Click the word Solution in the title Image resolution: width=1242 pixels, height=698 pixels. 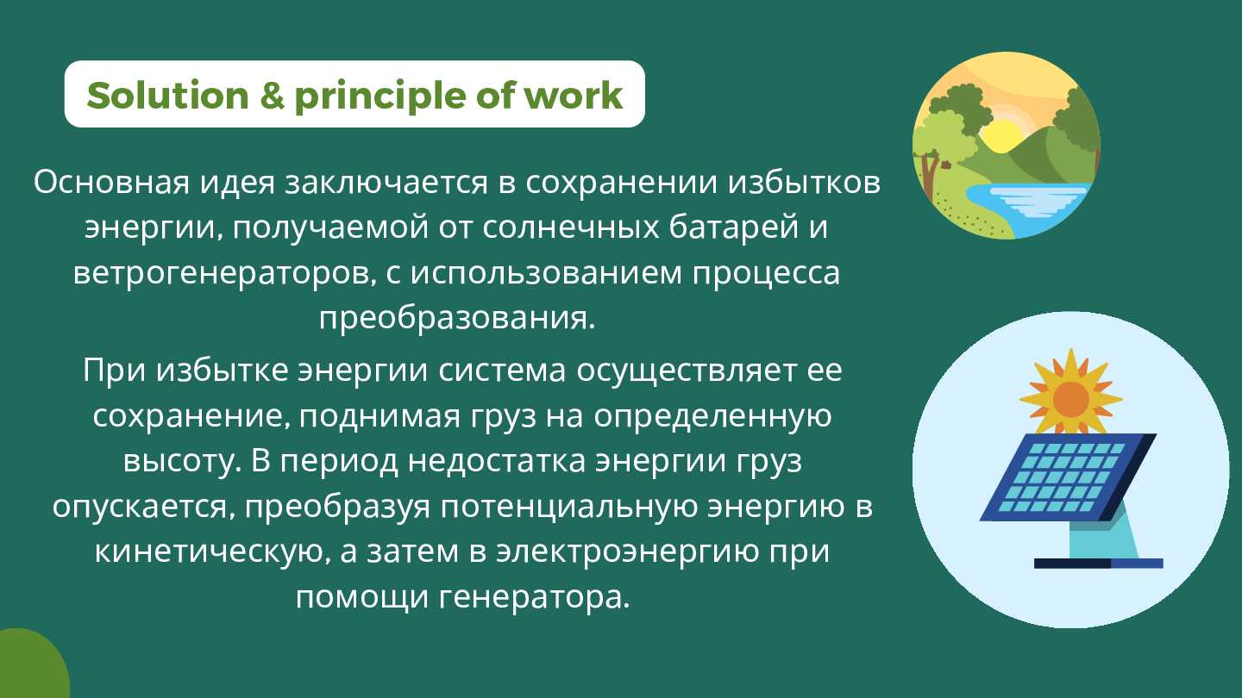point(168,96)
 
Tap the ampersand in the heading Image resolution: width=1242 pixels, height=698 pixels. point(272,96)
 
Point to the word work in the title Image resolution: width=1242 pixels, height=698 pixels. point(574,96)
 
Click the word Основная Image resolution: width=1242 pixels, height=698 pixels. point(111,183)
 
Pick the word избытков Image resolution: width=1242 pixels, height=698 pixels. point(804,182)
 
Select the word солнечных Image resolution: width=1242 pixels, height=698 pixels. point(571,227)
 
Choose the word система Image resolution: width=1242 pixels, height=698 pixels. point(502,371)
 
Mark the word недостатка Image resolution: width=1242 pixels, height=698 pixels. point(497,462)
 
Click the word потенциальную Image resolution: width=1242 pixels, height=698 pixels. point(569,507)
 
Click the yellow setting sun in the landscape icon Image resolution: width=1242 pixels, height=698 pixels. point(1001,137)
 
